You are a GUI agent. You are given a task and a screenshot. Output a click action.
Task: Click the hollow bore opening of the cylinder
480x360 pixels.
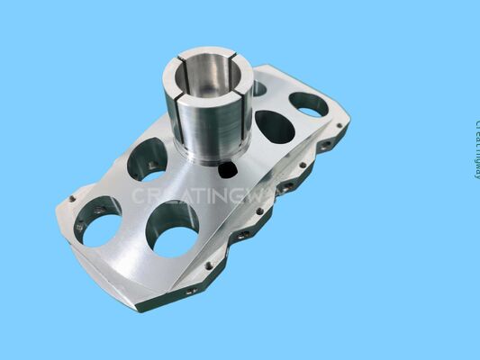(209, 75)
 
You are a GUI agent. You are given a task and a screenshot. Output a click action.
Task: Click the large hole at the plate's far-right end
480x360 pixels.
(309, 104)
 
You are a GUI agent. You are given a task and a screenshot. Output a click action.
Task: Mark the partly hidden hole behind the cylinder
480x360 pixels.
(258, 88)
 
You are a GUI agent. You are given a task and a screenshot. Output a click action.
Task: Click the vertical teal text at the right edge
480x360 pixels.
(475, 148)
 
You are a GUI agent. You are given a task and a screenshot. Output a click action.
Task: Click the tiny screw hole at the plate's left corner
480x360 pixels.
(72, 199)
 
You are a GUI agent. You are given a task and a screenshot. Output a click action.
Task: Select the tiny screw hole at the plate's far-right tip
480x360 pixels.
(339, 125)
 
